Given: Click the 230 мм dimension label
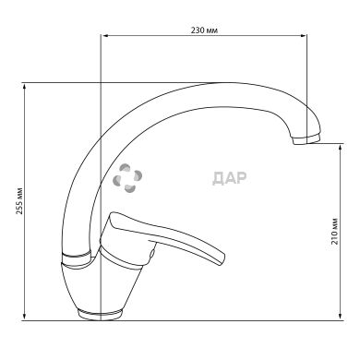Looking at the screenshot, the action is pyautogui.click(x=205, y=30).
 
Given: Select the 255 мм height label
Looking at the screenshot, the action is pyautogui.click(x=19, y=200).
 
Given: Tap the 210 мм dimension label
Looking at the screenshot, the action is pyautogui.click(x=334, y=232).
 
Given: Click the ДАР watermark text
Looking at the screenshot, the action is pyautogui.click(x=230, y=179).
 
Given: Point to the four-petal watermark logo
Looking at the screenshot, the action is pyautogui.click(x=127, y=178).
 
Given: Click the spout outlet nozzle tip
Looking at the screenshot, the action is pyautogui.click(x=306, y=139).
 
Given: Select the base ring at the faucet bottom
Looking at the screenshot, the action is pyautogui.click(x=100, y=315).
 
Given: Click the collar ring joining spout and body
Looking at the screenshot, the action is pyautogui.click(x=77, y=258).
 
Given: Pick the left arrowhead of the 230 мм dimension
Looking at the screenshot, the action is pyautogui.click(x=105, y=36).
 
